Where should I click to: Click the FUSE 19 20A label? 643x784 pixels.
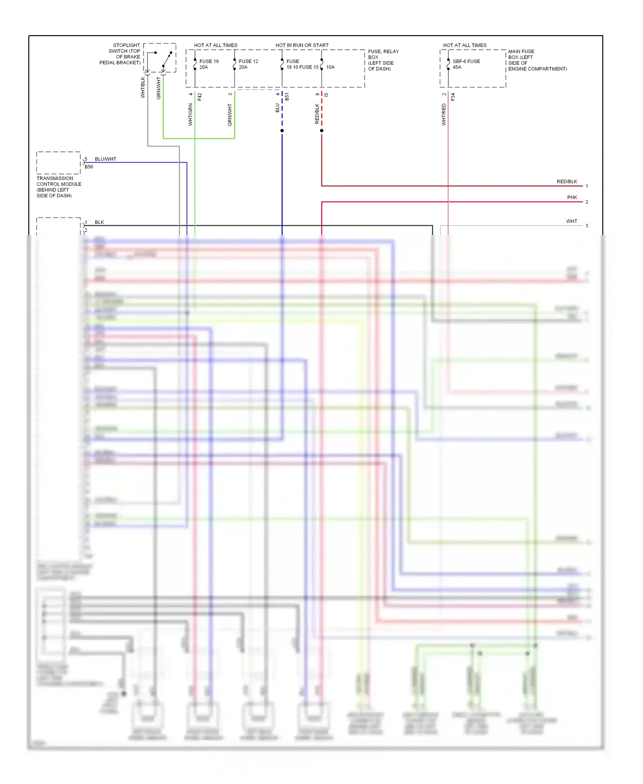pyautogui.click(x=209, y=64)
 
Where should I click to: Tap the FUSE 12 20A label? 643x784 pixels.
pyautogui.click(x=248, y=64)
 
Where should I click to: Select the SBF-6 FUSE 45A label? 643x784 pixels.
pyautogui.click(x=466, y=64)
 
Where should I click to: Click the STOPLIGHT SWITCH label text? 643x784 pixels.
pyautogui.click(x=120, y=54)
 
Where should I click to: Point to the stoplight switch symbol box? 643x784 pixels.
pyautogui.click(x=160, y=58)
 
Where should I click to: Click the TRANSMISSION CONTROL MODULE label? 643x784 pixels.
pyautogui.click(x=59, y=187)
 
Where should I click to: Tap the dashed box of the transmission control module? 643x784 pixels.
pyautogui.click(x=59, y=163)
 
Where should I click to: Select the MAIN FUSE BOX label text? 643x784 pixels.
pyautogui.click(x=537, y=60)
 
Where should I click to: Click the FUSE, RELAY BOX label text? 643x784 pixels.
pyautogui.click(x=383, y=60)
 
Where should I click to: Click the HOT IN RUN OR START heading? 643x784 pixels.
pyautogui.click(x=302, y=45)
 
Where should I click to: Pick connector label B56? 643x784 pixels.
pyautogui.click(x=89, y=167)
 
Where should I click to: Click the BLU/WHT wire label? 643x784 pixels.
pyautogui.click(x=105, y=159)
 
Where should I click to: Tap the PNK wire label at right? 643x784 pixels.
pyautogui.click(x=572, y=197)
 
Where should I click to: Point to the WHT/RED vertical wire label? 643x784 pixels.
pyautogui.click(x=444, y=114)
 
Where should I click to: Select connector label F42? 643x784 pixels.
pyautogui.click(x=200, y=97)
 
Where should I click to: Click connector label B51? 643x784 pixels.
pyautogui.click(x=287, y=97)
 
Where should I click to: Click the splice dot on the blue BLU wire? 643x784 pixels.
pyautogui.click(x=282, y=130)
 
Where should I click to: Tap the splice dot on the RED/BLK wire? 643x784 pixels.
pyautogui.click(x=321, y=130)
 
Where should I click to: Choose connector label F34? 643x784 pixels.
pyautogui.click(x=453, y=97)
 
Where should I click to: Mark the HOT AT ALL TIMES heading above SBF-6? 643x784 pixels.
pyautogui.click(x=465, y=45)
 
